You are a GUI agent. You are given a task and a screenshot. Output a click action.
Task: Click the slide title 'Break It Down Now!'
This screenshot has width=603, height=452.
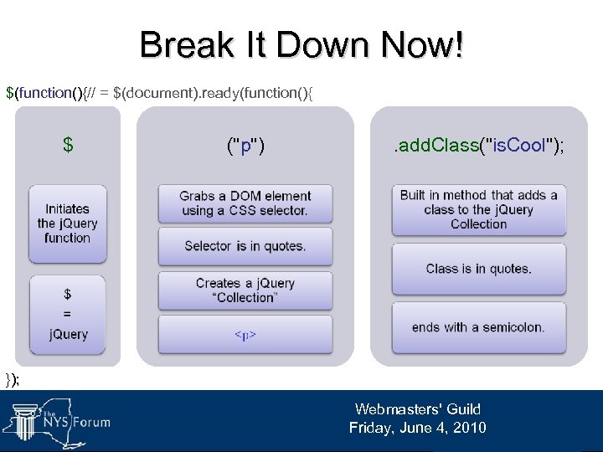pos(301,44)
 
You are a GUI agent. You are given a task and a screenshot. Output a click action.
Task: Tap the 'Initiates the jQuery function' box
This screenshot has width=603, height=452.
pos(67,223)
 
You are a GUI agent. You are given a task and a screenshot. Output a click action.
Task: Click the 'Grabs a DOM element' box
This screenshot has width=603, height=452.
pos(245,203)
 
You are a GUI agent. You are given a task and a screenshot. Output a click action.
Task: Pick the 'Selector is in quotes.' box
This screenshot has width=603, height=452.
pos(245,246)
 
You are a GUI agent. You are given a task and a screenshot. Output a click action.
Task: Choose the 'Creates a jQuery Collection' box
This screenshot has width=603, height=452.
pos(245,290)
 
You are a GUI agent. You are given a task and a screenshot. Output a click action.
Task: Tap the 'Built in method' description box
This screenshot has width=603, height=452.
pos(478,209)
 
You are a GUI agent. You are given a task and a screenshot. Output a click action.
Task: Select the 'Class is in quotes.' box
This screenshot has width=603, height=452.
pos(478,269)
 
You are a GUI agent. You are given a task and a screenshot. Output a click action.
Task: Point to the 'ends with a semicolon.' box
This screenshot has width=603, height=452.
pos(478,327)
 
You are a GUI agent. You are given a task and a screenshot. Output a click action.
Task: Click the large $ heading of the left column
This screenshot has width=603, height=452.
pos(68,146)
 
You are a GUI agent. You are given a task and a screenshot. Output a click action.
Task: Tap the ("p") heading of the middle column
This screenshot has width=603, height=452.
pos(245,146)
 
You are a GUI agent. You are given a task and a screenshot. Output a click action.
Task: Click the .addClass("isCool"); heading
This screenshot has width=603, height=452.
pos(478,146)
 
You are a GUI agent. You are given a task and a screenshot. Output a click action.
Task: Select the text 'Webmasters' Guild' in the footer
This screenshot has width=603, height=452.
pos(417,409)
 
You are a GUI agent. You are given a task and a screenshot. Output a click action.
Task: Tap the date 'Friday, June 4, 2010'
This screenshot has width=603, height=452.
pos(417,428)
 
